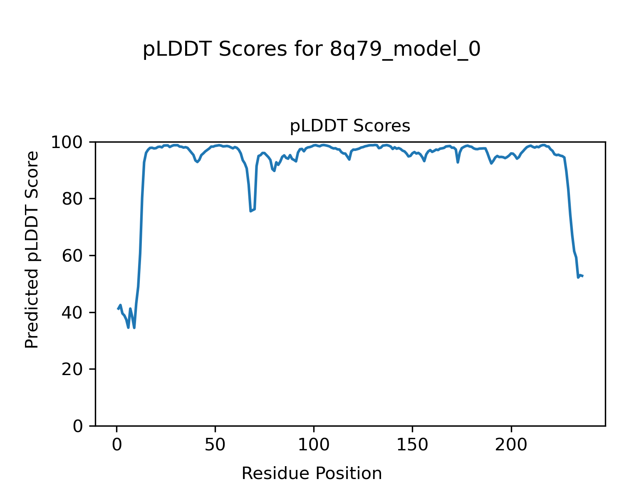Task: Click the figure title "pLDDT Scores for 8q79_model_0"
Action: coord(312,50)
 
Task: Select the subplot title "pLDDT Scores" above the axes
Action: coord(350,126)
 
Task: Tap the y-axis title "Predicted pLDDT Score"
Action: coord(32,249)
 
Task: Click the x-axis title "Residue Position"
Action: coord(312,474)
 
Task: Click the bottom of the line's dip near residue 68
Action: coord(250,211)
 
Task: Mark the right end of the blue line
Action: coord(582,276)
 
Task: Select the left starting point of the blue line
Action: coord(118,309)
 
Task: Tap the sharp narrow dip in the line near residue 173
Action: coord(458,162)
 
